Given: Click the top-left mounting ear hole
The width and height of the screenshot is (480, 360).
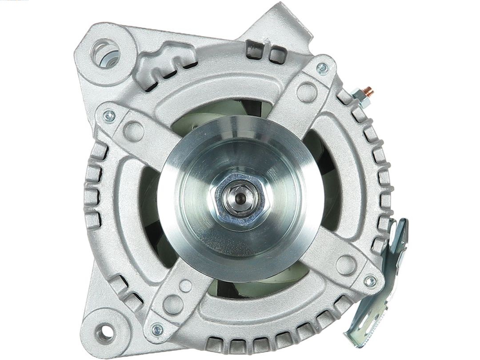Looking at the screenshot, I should (x=106, y=53).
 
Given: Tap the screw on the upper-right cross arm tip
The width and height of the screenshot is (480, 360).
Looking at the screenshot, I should (x=322, y=68).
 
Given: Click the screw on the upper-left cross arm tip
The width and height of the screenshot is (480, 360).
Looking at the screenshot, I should (x=109, y=116).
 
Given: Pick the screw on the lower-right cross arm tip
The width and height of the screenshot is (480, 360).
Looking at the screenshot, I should (x=369, y=281).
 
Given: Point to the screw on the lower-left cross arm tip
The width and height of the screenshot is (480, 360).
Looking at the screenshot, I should (x=157, y=329).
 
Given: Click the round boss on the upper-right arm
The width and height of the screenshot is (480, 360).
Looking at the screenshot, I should (x=307, y=92).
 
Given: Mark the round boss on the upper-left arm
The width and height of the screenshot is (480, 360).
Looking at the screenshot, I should (x=133, y=131).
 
